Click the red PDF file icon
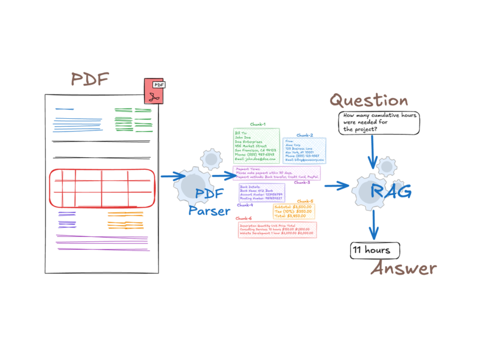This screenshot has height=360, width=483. tap(155, 91)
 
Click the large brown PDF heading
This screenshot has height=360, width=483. tap(90, 80)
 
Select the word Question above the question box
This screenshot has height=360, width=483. tap(369, 101)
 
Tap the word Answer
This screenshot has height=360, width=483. tap(404, 268)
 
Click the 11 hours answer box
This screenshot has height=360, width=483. tap(374, 250)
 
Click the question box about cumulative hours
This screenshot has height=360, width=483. tap(379, 123)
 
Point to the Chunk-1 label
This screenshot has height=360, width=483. tap(258, 124)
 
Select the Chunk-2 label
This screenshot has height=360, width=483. tap(304, 135)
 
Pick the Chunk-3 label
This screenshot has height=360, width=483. tap(302, 183)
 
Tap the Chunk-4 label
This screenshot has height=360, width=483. tap(245, 205)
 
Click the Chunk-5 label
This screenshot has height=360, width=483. tap(305, 201)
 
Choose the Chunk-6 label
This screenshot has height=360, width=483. tap(243, 218)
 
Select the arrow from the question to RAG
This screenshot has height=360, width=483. tap(372, 151)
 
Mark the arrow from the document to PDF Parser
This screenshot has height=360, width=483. tap(173, 176)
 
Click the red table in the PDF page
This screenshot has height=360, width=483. tap(101, 188)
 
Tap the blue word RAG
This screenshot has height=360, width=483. tap(391, 191)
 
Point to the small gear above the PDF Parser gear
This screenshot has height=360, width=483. tap(210, 159)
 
